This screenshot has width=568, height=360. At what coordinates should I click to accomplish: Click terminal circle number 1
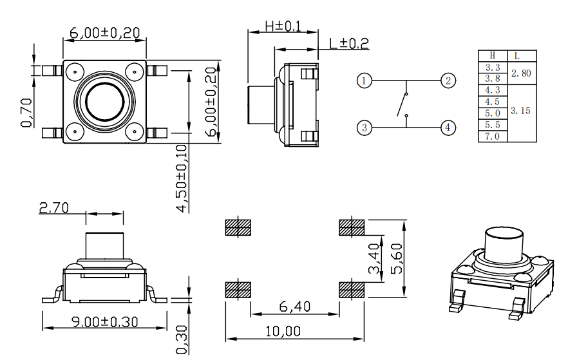364,81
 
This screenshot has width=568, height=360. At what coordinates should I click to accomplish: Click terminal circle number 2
448,81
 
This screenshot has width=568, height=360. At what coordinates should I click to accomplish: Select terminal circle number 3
364,128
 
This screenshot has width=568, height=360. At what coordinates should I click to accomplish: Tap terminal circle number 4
448,128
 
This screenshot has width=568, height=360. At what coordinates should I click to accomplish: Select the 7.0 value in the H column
493,136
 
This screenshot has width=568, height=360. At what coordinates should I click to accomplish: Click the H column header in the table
493,55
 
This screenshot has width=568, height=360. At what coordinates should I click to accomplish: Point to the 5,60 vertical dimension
397,258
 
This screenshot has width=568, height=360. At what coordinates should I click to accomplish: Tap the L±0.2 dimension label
348,43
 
